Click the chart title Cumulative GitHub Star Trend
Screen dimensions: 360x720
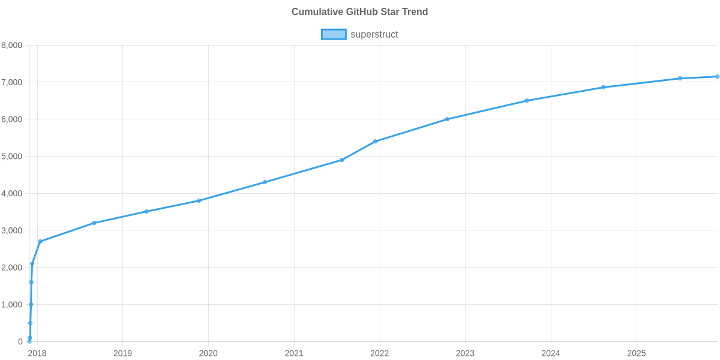pos(359,12)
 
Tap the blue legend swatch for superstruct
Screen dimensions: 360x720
pos(333,34)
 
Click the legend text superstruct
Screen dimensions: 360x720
pos(374,34)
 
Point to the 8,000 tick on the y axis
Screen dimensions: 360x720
pos(12,45)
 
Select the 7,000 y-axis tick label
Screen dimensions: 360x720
pos(12,82)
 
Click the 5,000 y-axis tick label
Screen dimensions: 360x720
pos(12,157)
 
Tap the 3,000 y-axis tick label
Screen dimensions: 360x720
pos(12,230)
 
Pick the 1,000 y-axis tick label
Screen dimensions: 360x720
pos(12,305)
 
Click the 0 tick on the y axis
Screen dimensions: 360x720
pos(20,342)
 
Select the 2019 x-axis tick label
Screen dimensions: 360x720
pos(122,353)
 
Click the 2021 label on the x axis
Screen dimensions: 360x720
pos(294,353)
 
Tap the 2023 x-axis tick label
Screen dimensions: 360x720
pos(465,353)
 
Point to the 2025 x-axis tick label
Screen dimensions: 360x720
pos(637,353)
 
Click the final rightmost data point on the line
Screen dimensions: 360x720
pos(717,77)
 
